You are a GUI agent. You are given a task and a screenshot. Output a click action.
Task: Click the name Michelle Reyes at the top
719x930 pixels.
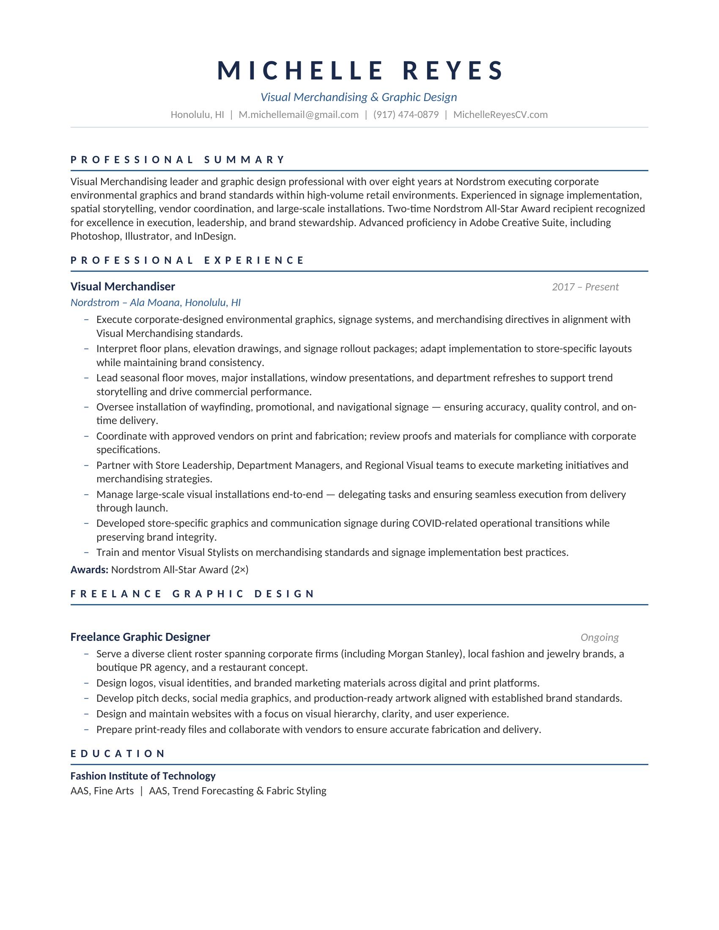(360, 71)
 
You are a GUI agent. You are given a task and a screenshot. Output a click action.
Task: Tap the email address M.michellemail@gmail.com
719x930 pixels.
(298, 115)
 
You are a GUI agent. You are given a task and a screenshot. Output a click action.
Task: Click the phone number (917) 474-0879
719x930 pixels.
(406, 115)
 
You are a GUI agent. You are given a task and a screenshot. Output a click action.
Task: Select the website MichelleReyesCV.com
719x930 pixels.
(500, 115)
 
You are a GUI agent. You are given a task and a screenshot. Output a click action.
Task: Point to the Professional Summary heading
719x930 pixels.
(178, 160)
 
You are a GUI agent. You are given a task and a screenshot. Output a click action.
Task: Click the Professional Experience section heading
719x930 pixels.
(187, 260)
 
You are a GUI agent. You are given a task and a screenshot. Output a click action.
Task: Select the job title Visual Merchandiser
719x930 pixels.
(123, 287)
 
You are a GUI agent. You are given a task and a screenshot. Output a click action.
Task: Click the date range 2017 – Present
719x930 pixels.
(585, 287)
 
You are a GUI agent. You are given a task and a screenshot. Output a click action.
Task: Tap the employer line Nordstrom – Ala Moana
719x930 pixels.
(156, 303)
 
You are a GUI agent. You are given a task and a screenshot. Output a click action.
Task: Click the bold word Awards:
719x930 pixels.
(89, 570)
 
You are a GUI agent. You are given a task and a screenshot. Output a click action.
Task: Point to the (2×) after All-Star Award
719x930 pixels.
(239, 570)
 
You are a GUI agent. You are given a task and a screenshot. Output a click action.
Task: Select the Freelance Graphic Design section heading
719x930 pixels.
(192, 594)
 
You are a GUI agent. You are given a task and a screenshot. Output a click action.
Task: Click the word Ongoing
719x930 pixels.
(599, 637)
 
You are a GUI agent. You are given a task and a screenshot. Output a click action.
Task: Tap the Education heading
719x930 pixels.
(118, 754)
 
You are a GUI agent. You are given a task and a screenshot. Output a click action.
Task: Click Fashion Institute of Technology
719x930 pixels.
(143, 776)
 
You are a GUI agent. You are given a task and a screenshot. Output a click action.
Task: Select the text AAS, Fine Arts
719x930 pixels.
(102, 791)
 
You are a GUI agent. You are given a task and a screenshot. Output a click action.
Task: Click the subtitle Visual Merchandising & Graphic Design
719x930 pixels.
(359, 97)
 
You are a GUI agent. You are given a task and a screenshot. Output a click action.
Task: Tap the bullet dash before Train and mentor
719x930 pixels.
(86, 553)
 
